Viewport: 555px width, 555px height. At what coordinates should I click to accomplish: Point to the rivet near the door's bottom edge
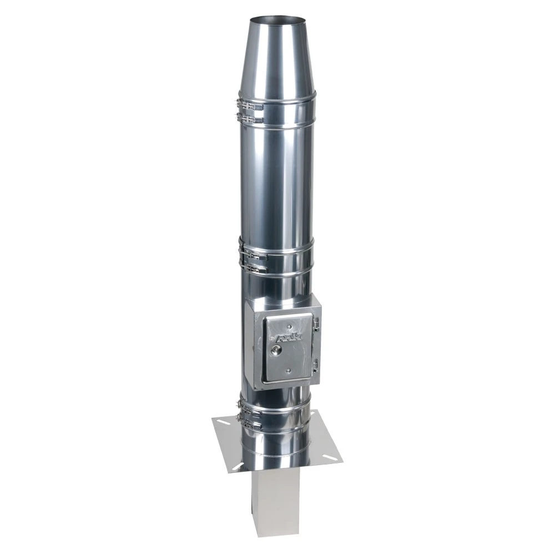tap(288, 371)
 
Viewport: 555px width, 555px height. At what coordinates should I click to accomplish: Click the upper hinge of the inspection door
tap(316, 322)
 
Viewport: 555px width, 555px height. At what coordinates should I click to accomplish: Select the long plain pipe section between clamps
tap(276, 183)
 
